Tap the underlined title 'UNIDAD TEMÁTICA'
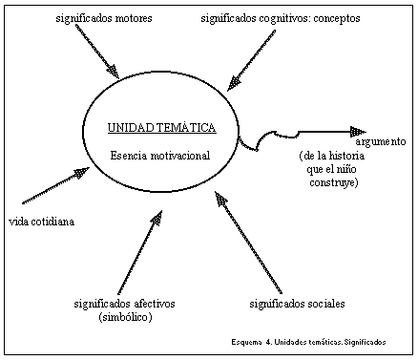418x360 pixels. pyautogui.click(x=161, y=127)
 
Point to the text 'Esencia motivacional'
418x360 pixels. pyautogui.click(x=159, y=155)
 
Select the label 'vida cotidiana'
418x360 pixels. pyautogui.click(x=41, y=222)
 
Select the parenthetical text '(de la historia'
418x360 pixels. pyautogui.click(x=328, y=156)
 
